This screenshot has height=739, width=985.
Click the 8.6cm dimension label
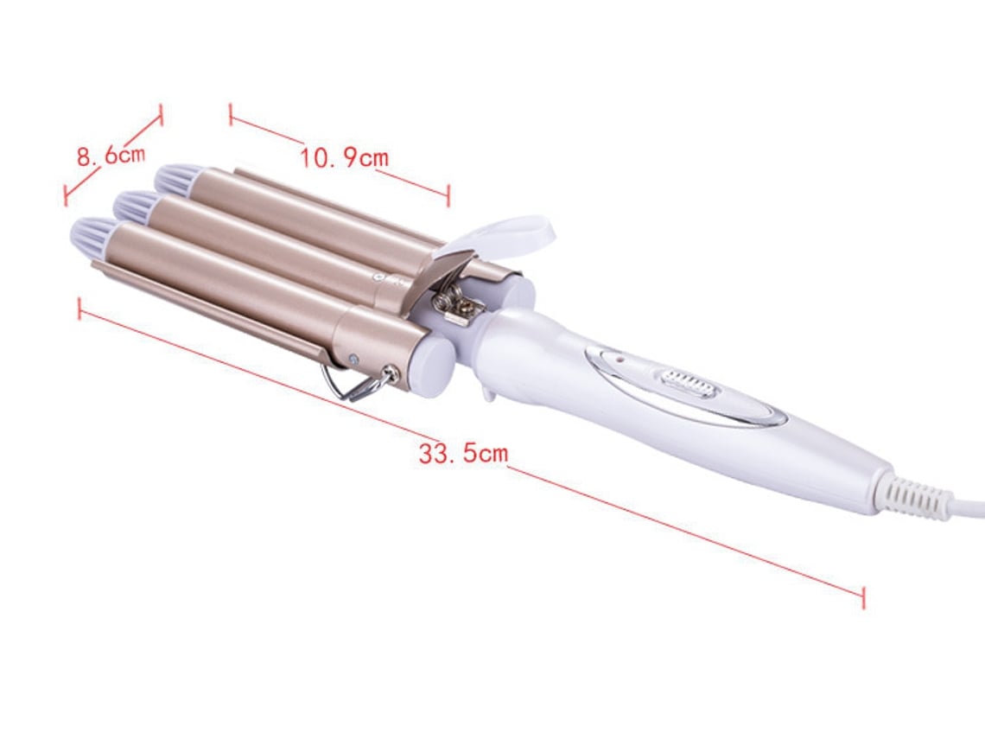point(111,155)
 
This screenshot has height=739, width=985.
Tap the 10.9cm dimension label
point(344,157)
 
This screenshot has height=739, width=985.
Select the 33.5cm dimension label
point(464,452)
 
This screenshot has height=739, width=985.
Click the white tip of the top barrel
point(180,176)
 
